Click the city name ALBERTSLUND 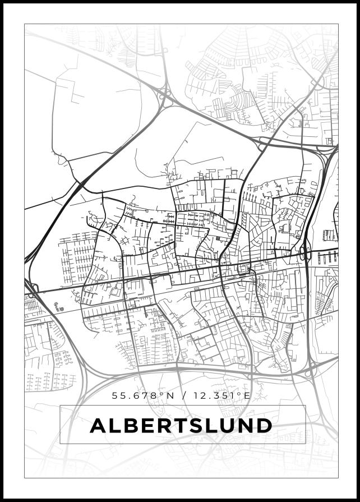point(181,426)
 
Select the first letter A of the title point(99,426)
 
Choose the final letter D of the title point(264,426)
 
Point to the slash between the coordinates point(181,395)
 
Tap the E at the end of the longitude point(247,395)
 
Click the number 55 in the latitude point(118,395)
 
